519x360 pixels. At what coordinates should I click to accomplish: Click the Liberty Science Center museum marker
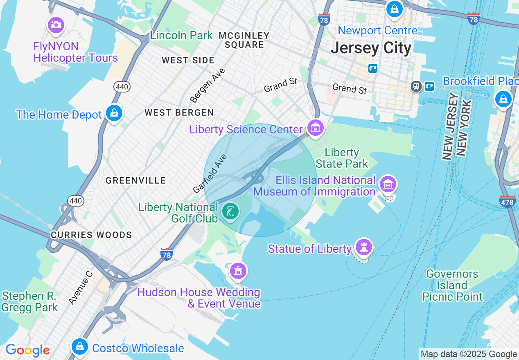(x=316, y=128)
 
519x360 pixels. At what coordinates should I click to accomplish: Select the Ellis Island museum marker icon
(x=388, y=184)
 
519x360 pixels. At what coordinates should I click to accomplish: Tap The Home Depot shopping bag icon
(x=114, y=113)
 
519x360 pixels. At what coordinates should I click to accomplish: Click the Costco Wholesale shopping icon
(x=79, y=346)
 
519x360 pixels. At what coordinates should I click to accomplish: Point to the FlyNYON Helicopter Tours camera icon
(x=56, y=25)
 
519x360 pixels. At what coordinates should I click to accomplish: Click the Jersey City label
(x=371, y=48)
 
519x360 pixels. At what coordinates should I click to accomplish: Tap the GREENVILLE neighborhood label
(x=136, y=180)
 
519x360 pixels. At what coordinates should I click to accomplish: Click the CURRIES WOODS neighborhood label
(x=91, y=235)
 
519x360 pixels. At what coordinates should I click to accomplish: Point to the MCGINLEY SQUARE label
(x=244, y=40)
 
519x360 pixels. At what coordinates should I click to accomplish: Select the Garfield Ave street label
(x=210, y=173)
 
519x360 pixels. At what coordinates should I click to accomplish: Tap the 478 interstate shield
(x=508, y=201)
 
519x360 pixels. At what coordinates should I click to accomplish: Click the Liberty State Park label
(x=342, y=158)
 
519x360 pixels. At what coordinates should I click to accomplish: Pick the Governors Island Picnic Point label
(x=452, y=285)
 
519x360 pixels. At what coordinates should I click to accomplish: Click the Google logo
(x=27, y=350)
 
